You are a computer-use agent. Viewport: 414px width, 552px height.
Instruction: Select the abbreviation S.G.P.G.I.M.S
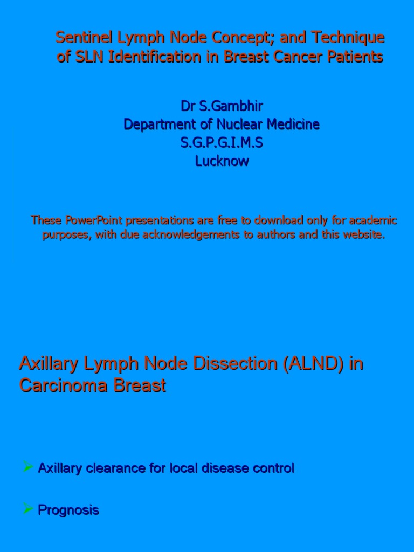click(222, 143)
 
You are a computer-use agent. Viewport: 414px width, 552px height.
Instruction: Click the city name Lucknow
click(222, 161)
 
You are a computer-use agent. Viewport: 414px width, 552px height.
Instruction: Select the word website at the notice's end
click(364, 236)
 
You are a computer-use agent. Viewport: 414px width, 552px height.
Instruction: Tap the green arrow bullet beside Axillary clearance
click(28, 467)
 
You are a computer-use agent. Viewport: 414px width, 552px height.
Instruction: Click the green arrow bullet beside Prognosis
click(28, 509)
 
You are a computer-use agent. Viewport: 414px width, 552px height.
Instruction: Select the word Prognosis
click(68, 510)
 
